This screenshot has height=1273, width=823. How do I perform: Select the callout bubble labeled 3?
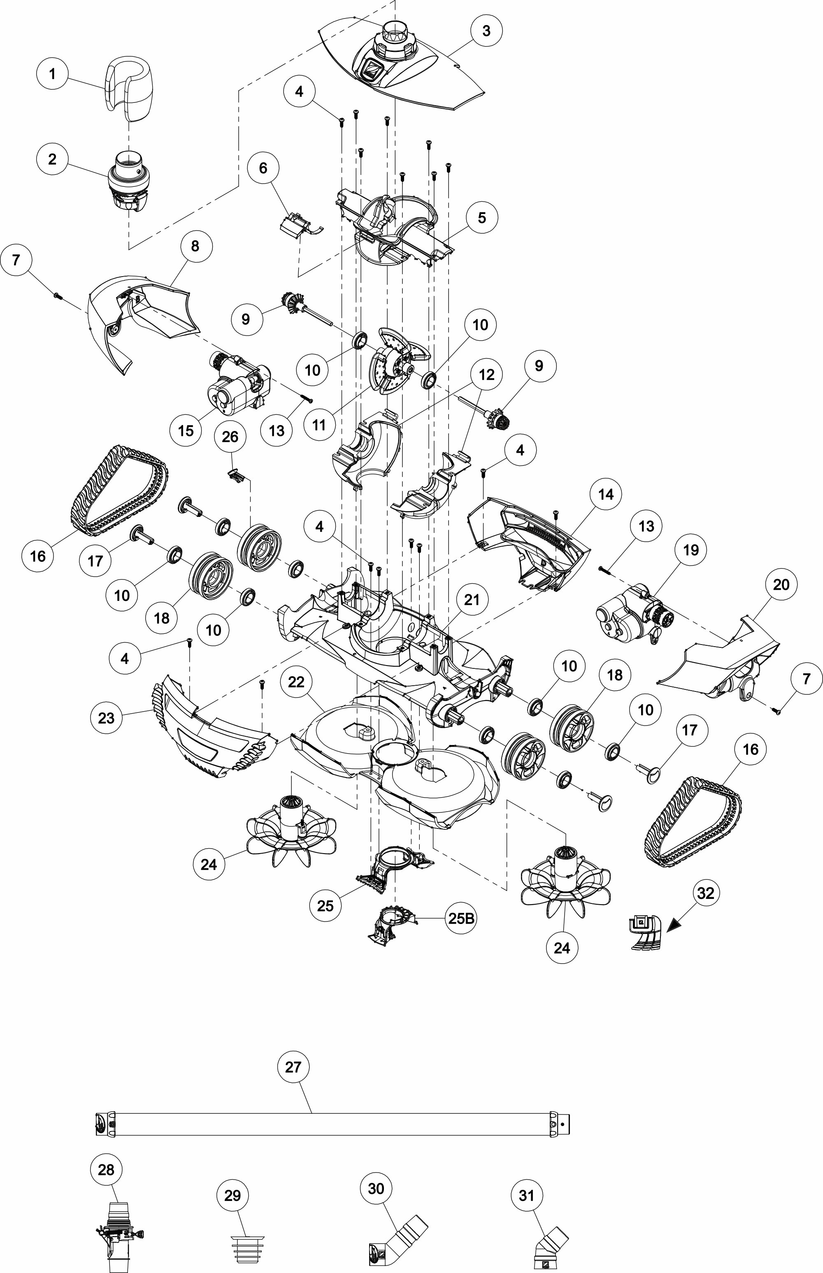coord(486,31)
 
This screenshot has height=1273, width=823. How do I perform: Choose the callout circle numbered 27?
coord(293,1067)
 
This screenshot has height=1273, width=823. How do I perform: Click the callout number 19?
coord(691,549)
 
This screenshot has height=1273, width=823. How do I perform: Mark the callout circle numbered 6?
coord(263,168)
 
